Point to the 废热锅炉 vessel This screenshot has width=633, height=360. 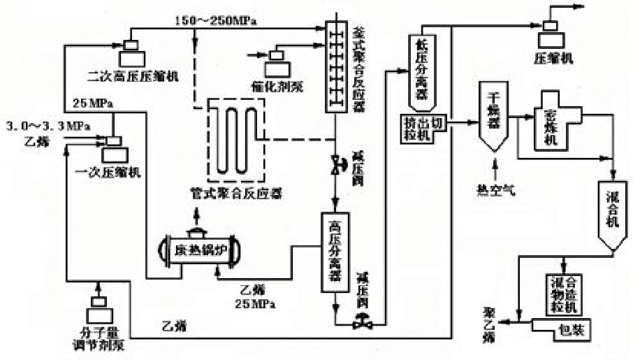click(201, 250)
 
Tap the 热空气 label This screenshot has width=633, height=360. click(495, 189)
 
